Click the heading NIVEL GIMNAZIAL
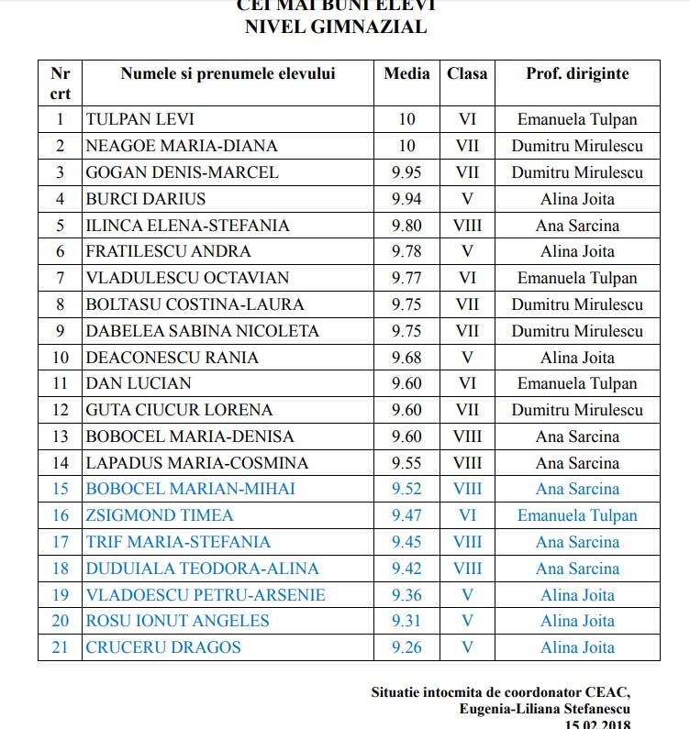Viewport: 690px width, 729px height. click(x=336, y=27)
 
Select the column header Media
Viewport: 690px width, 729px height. click(x=406, y=73)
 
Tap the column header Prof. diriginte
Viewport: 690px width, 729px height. click(x=577, y=73)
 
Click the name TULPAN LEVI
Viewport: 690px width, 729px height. click(x=139, y=119)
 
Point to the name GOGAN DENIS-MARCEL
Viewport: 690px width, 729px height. click(x=182, y=172)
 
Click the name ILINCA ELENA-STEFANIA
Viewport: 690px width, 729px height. click(x=187, y=226)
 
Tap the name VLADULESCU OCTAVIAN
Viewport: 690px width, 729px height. click(x=187, y=278)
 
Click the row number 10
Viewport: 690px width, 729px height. click(x=61, y=358)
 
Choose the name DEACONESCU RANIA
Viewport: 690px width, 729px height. click(x=172, y=358)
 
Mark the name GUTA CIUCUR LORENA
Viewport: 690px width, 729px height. click(x=179, y=410)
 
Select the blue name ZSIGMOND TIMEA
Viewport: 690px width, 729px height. click(x=160, y=515)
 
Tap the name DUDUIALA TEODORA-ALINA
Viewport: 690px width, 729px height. click(x=202, y=569)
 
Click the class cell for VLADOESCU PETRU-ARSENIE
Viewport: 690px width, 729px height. click(x=467, y=595)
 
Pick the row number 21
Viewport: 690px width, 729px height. click(x=61, y=647)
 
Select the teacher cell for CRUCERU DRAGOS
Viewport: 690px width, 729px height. click(x=577, y=647)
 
